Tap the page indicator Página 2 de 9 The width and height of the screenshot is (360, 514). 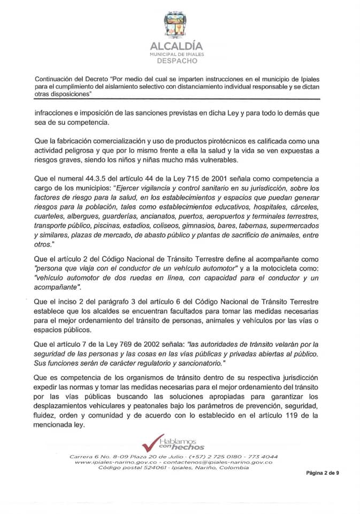(x=323, y=473)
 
